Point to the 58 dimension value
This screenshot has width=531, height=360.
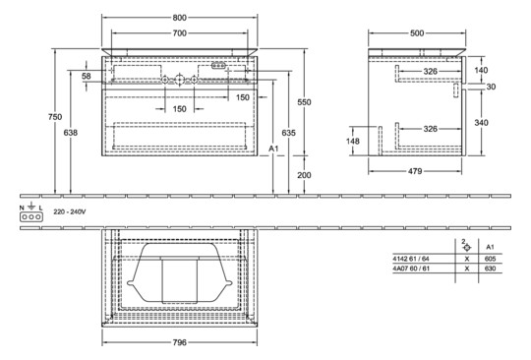click(x=87, y=76)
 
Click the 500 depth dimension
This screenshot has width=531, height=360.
click(x=419, y=32)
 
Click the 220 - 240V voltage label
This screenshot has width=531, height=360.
click(x=70, y=210)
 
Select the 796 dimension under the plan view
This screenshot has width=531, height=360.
click(x=178, y=344)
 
